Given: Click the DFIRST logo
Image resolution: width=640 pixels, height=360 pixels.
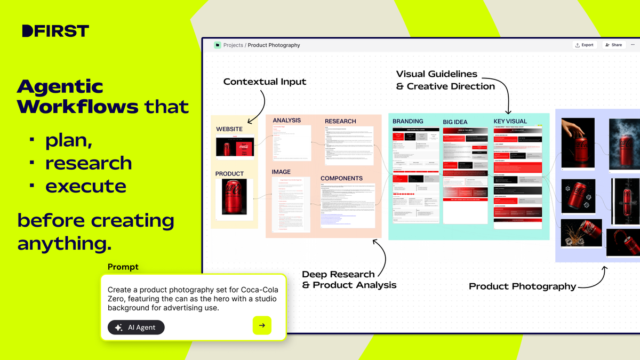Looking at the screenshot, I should [x=55, y=31].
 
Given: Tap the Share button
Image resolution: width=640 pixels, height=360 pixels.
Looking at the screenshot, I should [x=613, y=45].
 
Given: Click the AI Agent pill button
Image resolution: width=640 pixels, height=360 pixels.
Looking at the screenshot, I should [x=136, y=327].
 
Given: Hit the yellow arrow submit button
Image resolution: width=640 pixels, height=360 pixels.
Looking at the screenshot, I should [x=262, y=325].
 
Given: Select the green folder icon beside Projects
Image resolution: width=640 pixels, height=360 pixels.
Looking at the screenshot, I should [x=218, y=45].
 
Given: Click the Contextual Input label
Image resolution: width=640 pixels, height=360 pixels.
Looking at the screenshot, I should [x=265, y=82].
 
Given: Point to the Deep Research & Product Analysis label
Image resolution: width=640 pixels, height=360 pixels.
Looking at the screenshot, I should [x=349, y=279].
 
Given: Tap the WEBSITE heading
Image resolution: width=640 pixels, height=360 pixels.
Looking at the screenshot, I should [x=229, y=129].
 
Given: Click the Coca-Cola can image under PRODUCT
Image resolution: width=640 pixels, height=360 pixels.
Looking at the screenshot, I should [x=230, y=198].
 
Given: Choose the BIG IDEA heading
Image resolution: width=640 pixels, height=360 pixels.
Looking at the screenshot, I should [x=455, y=122].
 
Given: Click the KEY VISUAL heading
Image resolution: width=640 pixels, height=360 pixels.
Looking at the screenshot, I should [x=510, y=122].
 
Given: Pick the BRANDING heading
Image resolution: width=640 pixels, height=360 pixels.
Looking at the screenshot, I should [x=408, y=122].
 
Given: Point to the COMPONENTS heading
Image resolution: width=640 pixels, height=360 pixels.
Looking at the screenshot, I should [x=341, y=178].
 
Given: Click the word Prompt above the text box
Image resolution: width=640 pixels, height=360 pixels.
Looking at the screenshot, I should [x=123, y=267].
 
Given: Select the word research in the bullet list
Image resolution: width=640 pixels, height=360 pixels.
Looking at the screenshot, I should [x=89, y=163].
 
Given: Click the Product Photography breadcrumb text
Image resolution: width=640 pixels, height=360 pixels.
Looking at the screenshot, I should [x=274, y=45].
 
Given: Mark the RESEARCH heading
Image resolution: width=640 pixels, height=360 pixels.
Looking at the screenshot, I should [x=340, y=121].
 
